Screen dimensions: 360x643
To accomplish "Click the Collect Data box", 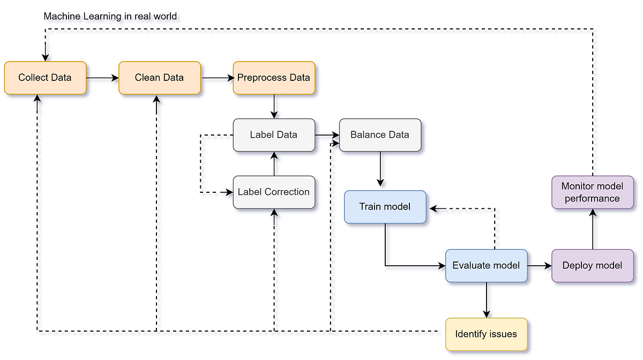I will click(x=45, y=78).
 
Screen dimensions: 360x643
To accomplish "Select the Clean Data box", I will click(x=159, y=78).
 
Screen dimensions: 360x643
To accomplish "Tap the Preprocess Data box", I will click(x=274, y=78).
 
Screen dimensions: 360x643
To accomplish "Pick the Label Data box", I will click(x=274, y=135).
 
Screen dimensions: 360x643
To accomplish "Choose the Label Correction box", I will click(x=274, y=192).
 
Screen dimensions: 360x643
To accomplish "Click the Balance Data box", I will click(x=380, y=135).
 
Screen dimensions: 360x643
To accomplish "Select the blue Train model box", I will click(x=385, y=206).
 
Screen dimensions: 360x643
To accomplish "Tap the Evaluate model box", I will click(x=486, y=266).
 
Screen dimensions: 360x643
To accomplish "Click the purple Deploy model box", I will click(x=592, y=266).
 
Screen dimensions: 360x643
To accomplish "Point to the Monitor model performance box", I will click(x=592, y=192).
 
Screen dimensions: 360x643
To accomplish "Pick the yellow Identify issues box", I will click(x=486, y=334).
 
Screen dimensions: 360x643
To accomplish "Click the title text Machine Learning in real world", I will click(x=110, y=16).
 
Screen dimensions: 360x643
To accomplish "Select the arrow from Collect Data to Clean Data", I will click(x=102, y=78).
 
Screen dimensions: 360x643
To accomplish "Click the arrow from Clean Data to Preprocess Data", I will click(x=217, y=78).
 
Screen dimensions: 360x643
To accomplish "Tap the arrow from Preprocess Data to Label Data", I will click(x=274, y=107).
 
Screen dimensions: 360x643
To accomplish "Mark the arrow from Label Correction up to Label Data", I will click(x=274, y=164).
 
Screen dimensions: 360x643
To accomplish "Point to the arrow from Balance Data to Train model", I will click(x=380, y=169).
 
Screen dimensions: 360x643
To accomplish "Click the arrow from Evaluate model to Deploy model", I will click(x=540, y=266).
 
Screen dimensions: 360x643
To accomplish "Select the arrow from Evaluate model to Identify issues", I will click(x=486, y=300).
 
